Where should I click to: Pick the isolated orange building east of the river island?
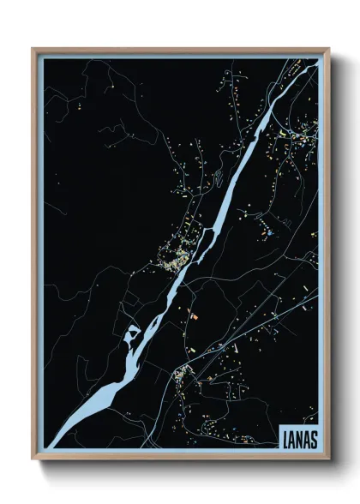194,316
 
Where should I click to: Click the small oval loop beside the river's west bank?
218,179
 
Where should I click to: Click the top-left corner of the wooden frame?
33,49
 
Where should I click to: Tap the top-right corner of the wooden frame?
328,49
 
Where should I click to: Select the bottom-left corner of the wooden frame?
33,459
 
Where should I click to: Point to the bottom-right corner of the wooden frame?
328,459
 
